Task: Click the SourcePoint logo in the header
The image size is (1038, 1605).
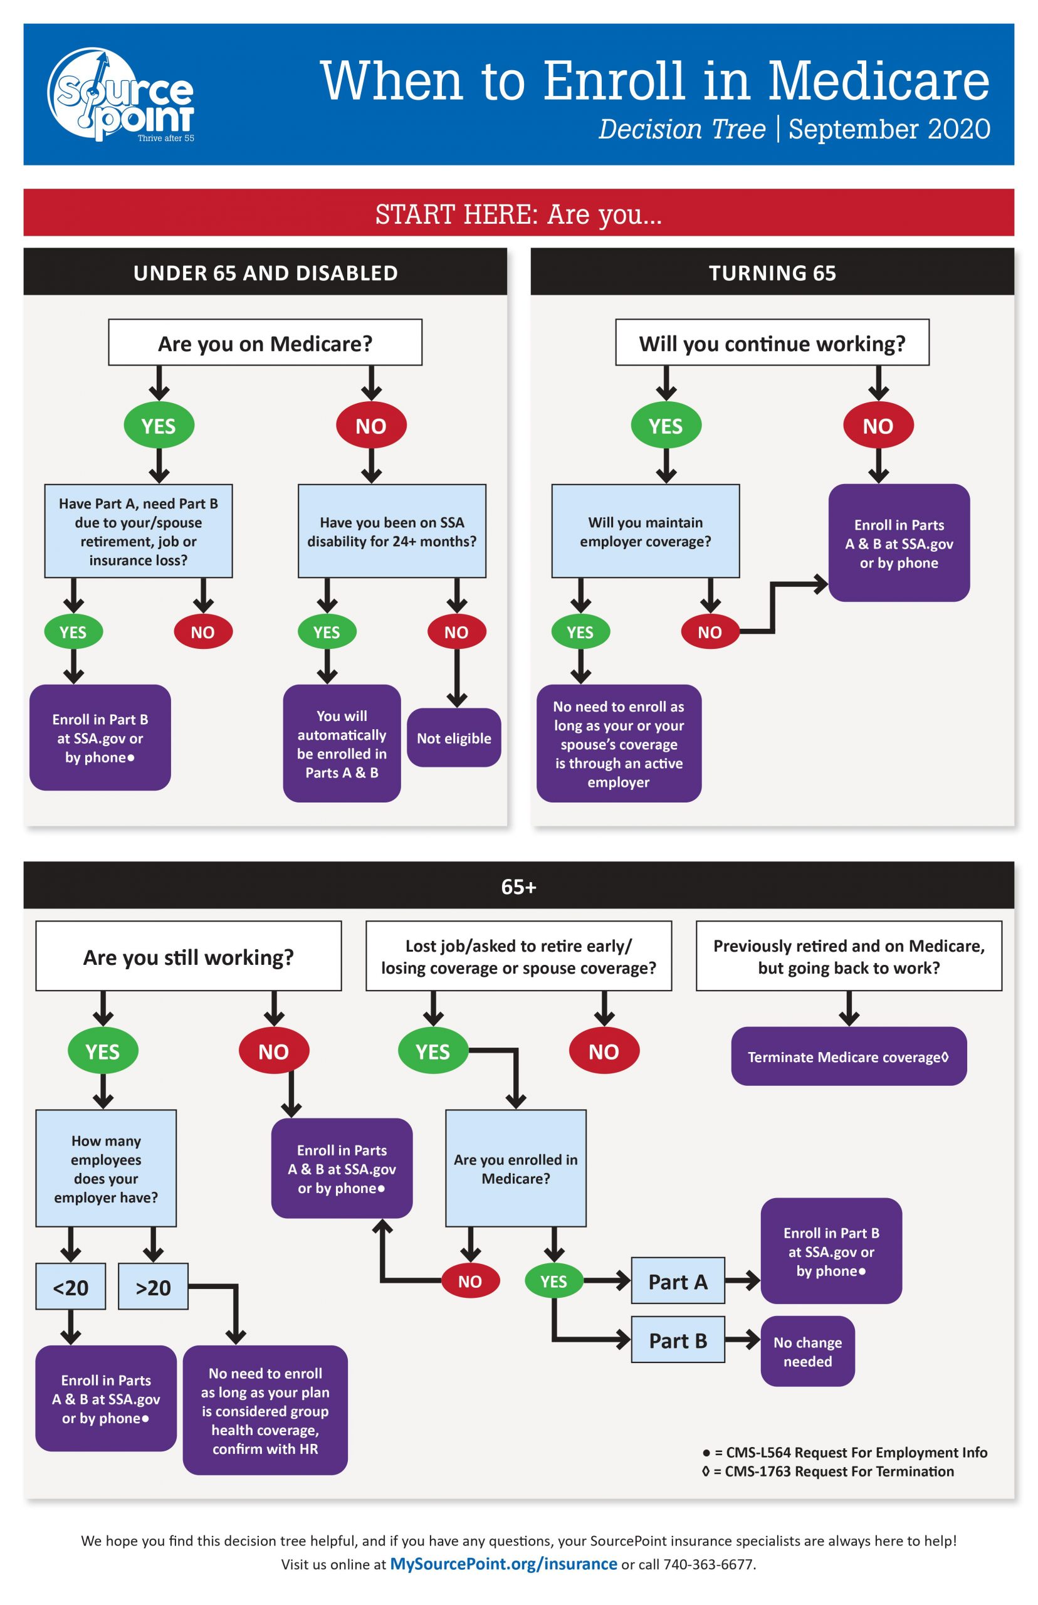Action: [x=120, y=95]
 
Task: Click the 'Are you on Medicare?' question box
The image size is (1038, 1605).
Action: [x=265, y=342]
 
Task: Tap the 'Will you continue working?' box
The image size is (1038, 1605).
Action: [x=772, y=342]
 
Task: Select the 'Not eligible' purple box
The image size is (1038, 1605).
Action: [x=454, y=737]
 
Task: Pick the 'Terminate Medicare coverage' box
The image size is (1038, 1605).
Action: [x=848, y=1056]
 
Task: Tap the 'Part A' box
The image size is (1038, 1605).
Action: [x=678, y=1281]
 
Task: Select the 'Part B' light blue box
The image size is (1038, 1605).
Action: [x=678, y=1340]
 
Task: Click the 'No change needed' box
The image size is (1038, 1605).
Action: [x=807, y=1351]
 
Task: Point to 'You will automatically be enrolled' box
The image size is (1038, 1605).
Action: [x=342, y=744]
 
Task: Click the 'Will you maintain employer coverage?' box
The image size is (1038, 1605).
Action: [x=645, y=531]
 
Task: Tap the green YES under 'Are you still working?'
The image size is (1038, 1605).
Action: [x=102, y=1051]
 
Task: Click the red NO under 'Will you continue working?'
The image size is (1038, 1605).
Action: [x=878, y=425]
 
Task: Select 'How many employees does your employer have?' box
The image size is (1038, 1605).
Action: [x=106, y=1168]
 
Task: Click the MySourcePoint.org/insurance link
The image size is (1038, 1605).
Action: [x=503, y=1563]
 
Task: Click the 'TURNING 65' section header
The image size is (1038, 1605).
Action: [x=772, y=272]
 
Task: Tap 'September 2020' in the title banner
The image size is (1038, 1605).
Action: [x=888, y=129]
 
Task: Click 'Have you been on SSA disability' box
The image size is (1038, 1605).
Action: [x=392, y=531]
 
